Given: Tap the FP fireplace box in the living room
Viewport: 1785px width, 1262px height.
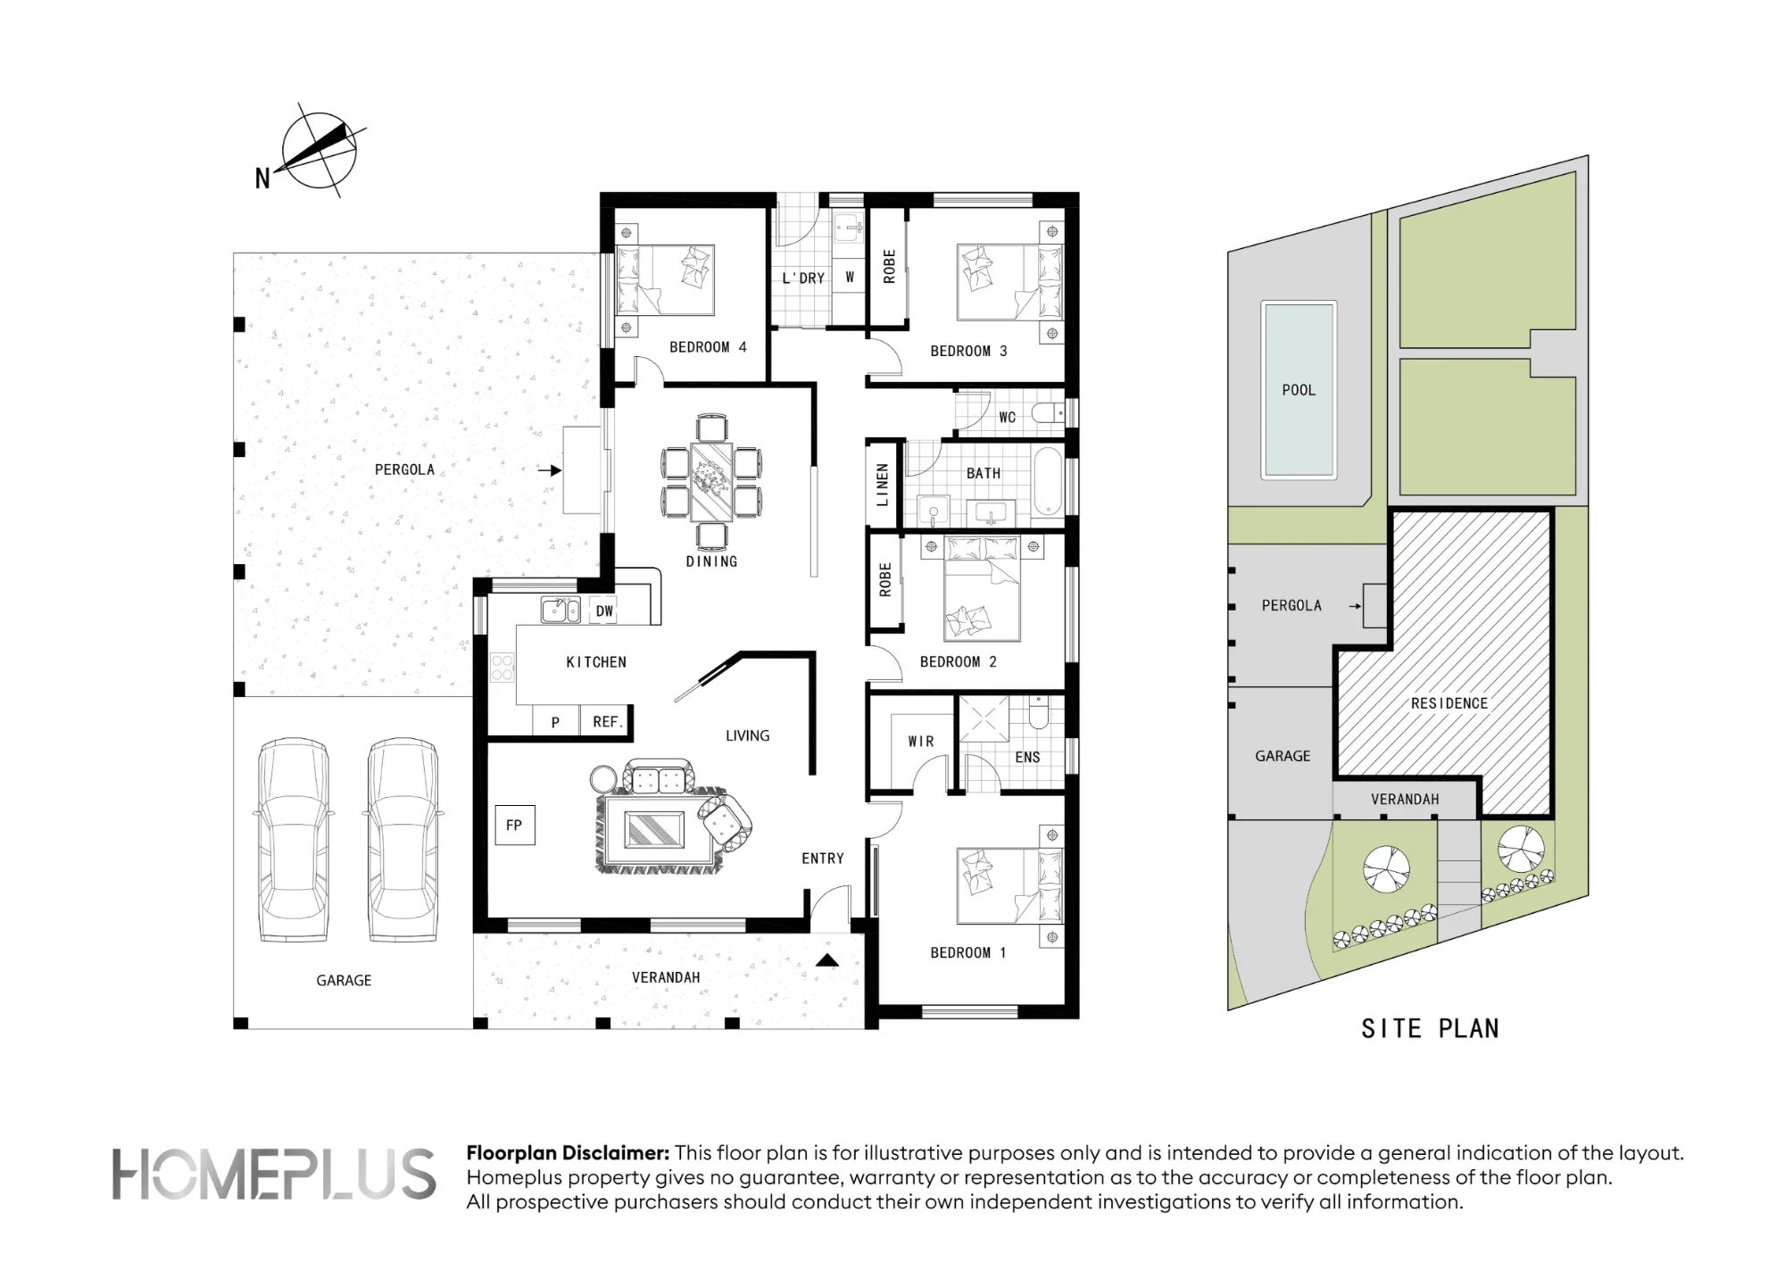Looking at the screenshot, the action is [515, 825].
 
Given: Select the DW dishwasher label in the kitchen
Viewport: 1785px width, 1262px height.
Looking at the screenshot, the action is [605, 611].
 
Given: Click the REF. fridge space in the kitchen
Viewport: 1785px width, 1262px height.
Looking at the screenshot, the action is [607, 721].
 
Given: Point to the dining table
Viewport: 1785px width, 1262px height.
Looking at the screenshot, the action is [711, 482].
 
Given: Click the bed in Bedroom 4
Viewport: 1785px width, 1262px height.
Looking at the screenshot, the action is [665, 279].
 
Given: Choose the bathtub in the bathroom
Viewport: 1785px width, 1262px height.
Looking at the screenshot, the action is [1048, 482].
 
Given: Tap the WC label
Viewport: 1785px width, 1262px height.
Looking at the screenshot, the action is [1008, 417].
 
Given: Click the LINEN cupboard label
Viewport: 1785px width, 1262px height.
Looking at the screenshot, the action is [883, 485].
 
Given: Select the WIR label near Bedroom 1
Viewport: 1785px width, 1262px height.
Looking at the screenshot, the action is [921, 742].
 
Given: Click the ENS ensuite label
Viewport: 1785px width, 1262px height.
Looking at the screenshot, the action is [1027, 757].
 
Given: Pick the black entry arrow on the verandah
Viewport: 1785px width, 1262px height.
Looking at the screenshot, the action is [827, 960].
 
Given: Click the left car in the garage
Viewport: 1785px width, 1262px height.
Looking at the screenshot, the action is [294, 840].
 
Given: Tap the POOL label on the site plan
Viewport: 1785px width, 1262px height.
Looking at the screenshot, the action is [1299, 390].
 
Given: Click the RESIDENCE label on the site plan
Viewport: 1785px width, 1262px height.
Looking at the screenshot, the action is [1449, 703].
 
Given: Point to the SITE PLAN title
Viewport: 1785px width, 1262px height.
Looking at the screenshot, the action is [1430, 1029].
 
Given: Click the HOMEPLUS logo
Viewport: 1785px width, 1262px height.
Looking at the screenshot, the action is [274, 1174].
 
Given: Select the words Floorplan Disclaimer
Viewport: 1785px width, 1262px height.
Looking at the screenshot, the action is [568, 1153].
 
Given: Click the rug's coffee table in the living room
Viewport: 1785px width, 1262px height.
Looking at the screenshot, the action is [654, 829].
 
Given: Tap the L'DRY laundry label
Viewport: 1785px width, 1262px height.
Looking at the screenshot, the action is [803, 278].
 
